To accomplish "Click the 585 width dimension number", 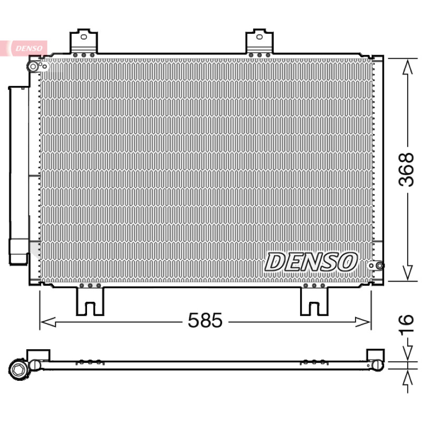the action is point(205,320).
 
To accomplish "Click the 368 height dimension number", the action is point(406,170).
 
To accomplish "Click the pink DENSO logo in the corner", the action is point(29,49).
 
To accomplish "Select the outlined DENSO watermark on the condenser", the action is point(311,262).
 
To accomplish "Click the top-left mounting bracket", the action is point(83,41).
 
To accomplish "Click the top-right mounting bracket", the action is point(259,41).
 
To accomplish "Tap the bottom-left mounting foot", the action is point(90,301).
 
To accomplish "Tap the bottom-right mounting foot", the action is point(314,301).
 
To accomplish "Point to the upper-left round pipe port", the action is point(33,66).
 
